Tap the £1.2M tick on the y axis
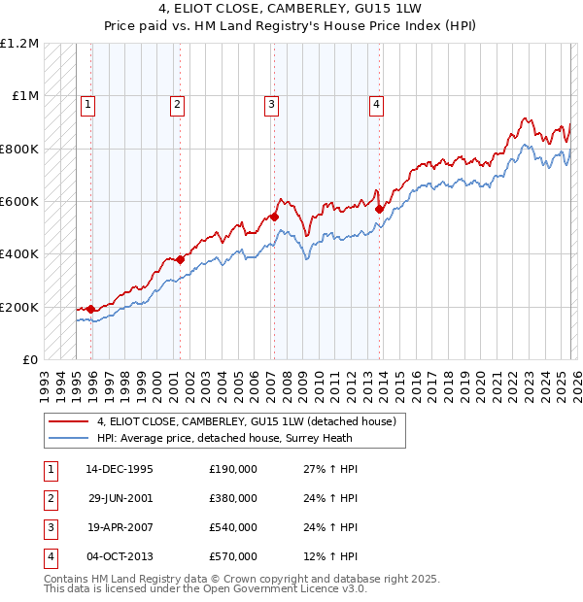(x=19, y=44)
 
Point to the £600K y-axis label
(x=19, y=202)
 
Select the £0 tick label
(x=30, y=360)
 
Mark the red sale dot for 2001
(x=180, y=259)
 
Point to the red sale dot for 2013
(x=379, y=209)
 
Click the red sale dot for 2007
(x=274, y=217)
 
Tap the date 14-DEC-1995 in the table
(x=119, y=469)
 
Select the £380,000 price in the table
(x=233, y=498)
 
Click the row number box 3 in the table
(x=50, y=527)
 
